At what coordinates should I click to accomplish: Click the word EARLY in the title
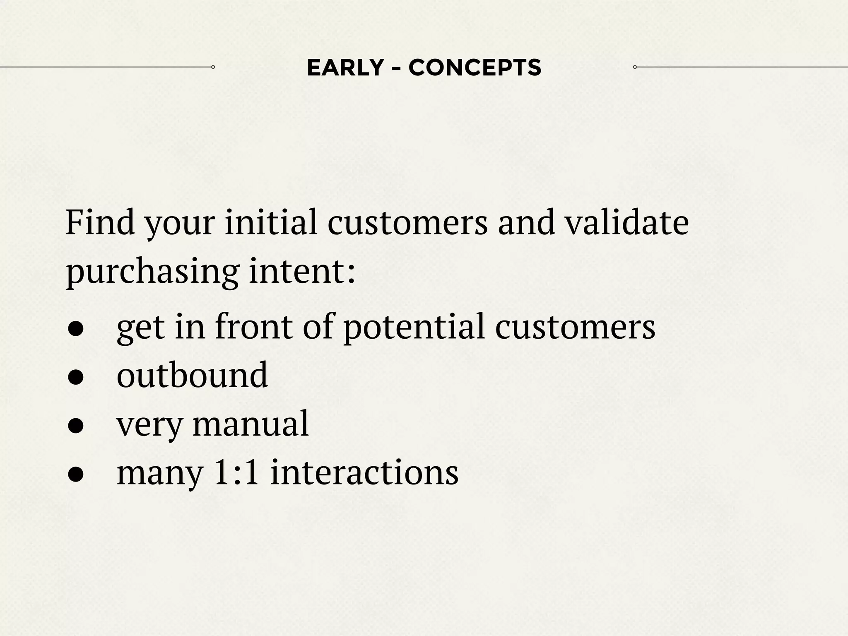[345, 67]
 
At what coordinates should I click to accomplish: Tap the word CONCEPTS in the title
[475, 67]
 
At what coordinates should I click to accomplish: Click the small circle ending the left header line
[213, 67]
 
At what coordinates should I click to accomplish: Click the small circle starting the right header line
[635, 67]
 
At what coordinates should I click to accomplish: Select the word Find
[100, 223]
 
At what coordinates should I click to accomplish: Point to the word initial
[271, 223]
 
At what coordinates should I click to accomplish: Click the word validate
[627, 223]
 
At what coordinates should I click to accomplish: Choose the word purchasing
[152, 272]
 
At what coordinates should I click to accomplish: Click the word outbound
[192, 375]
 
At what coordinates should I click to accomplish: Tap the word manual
[251, 424]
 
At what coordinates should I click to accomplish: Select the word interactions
[364, 472]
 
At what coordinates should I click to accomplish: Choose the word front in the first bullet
[253, 326]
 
